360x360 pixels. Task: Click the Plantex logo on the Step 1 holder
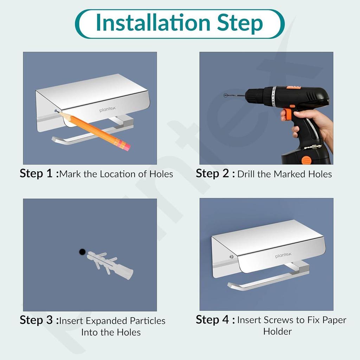(x=106, y=110)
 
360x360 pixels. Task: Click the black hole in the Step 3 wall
(x=82, y=251)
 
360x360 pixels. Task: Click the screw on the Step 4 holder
(x=231, y=256)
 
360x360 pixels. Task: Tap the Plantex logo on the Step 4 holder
(x=283, y=256)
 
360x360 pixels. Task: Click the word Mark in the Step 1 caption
(x=70, y=174)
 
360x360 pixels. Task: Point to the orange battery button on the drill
(x=306, y=160)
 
